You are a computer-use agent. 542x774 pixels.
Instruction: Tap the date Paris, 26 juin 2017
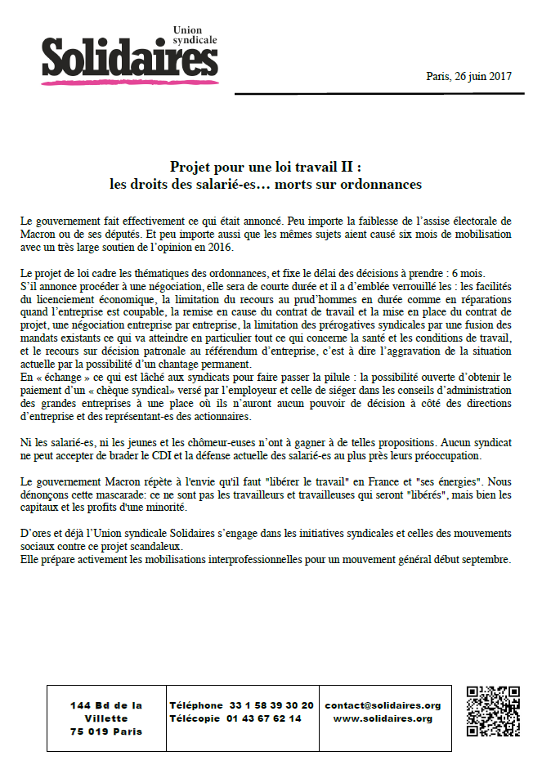pos(468,76)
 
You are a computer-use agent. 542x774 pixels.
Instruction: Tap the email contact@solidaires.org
pos(383,705)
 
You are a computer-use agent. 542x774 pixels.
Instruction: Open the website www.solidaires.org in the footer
pos(383,718)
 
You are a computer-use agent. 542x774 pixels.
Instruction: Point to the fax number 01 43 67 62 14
pos(263,718)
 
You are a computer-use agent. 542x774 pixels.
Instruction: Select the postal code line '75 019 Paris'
pos(106,731)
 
